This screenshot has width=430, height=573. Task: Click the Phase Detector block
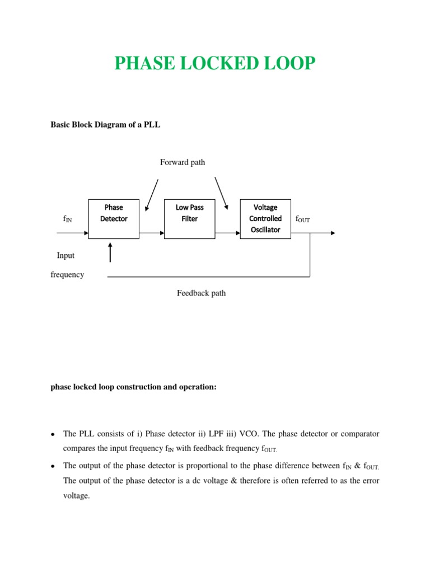pyautogui.click(x=114, y=219)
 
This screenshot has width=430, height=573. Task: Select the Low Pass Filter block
pyautogui.click(x=189, y=219)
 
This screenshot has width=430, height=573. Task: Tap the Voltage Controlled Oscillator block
pyautogui.click(x=265, y=219)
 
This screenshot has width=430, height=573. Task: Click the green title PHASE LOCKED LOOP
pyautogui.click(x=215, y=64)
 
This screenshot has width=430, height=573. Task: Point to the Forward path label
pyautogui.click(x=183, y=162)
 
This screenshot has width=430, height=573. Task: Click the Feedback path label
pyautogui.click(x=202, y=293)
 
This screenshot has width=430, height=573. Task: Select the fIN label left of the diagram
pyautogui.click(x=67, y=219)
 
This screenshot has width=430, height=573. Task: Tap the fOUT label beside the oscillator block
pyautogui.click(x=302, y=219)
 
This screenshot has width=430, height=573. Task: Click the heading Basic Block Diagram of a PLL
pyautogui.click(x=105, y=125)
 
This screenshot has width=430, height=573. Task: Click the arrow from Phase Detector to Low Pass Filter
pyautogui.click(x=151, y=233)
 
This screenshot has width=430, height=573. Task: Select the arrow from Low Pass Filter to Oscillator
pyautogui.click(x=227, y=233)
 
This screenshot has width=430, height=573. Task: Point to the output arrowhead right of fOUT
pyautogui.click(x=333, y=233)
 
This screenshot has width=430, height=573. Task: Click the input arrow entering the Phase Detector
pyautogui.click(x=73, y=233)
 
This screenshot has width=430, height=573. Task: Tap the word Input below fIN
pyautogui.click(x=66, y=256)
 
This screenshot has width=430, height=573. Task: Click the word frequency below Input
pyautogui.click(x=67, y=275)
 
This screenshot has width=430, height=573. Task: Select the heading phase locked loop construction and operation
pyautogui.click(x=133, y=387)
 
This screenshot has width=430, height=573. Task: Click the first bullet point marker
pyautogui.click(x=52, y=434)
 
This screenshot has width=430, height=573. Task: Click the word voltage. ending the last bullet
pyautogui.click(x=76, y=496)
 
